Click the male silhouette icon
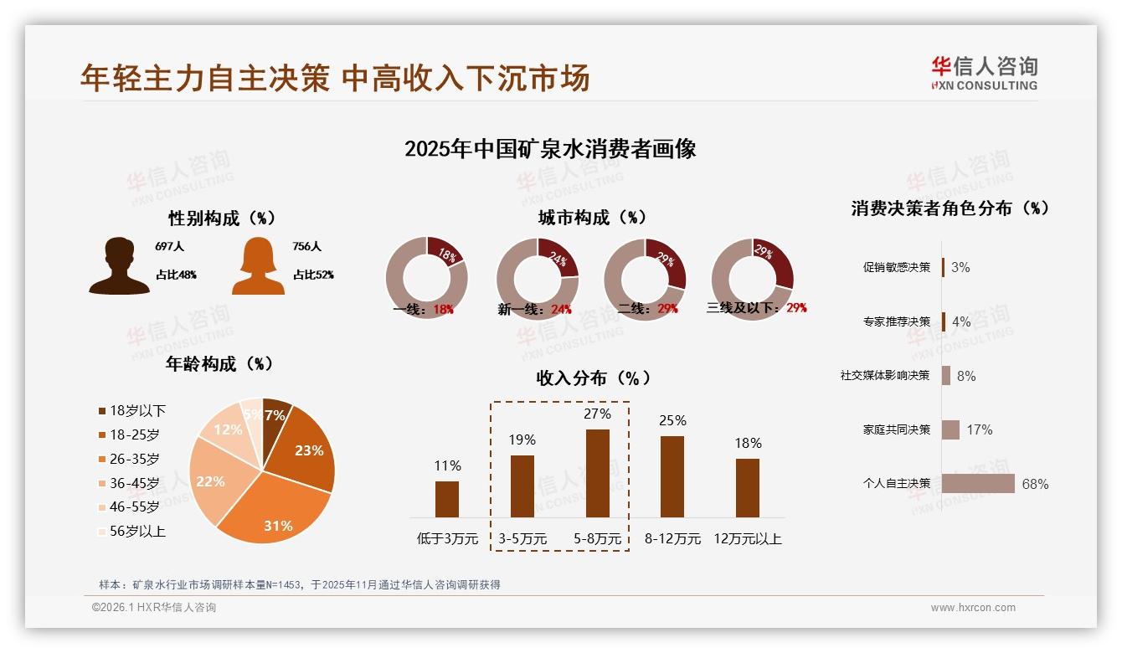(119, 266)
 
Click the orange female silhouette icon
(258, 266)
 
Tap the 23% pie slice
(306, 448)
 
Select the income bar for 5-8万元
(597, 473)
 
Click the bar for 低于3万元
(447, 499)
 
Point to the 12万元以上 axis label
(748, 539)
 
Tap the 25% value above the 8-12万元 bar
(672, 420)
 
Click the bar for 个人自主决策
(978, 484)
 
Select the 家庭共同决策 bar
(950, 429)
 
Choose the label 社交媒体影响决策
(885, 375)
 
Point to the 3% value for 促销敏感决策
(960, 267)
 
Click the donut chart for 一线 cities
(426, 278)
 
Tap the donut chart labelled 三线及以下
(751, 278)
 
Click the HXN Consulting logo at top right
(984, 74)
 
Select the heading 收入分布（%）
(593, 378)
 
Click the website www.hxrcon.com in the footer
(973, 608)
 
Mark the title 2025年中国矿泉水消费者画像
(550, 149)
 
